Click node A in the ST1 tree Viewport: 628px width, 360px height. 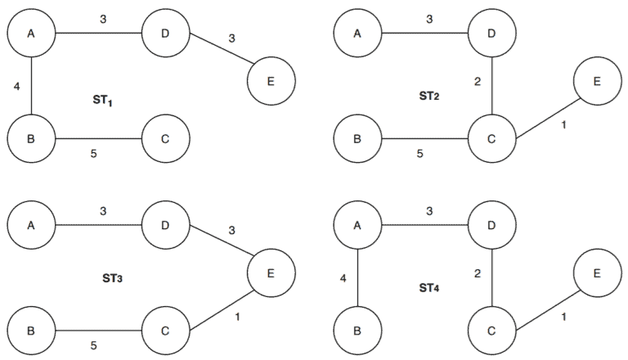[31, 34]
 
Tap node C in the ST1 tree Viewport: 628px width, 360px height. [165, 137]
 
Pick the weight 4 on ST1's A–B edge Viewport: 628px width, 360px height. [16, 85]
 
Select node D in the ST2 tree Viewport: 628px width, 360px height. [491, 34]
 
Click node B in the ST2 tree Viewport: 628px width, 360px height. [358, 137]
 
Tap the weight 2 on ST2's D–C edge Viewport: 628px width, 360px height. [478, 83]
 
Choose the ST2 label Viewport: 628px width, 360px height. [430, 97]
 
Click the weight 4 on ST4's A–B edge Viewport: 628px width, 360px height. [343, 279]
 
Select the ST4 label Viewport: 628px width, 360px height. [430, 289]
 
